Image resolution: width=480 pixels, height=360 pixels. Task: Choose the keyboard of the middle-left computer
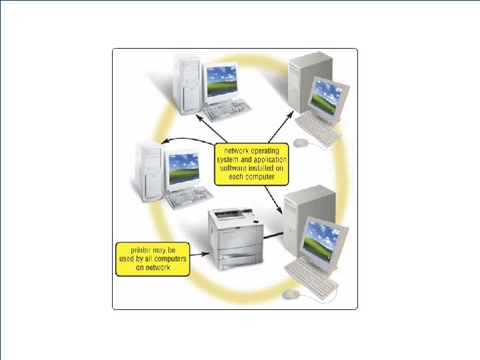[x=189, y=197]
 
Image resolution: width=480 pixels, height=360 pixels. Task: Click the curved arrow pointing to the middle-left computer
[x=190, y=139]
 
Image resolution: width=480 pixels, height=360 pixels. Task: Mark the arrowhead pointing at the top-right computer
[x=292, y=115]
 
